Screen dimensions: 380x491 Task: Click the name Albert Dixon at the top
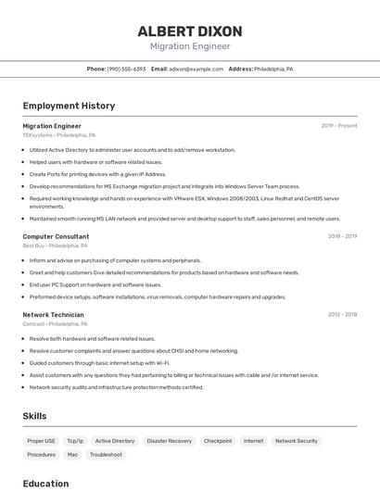tap(190, 31)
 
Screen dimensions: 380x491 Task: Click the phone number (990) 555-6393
tap(126, 69)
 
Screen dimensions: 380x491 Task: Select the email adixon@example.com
tap(197, 69)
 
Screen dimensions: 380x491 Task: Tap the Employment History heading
tap(69, 106)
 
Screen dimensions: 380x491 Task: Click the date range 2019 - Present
tap(339, 126)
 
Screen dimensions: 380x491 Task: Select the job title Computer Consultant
tap(56, 236)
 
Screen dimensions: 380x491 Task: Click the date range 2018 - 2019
tap(342, 236)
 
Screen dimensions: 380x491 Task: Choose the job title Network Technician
tap(53, 314)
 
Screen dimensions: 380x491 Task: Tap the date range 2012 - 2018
tap(342, 314)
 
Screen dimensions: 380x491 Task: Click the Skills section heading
tap(35, 416)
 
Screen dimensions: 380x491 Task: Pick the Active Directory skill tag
tap(115, 441)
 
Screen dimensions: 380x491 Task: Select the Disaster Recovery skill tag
tap(170, 441)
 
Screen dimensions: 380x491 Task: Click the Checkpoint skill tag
tap(218, 441)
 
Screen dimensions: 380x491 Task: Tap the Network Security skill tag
tap(297, 441)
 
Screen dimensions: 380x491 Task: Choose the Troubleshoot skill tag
tap(106, 455)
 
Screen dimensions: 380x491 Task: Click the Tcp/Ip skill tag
tap(75, 441)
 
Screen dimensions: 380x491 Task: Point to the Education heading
tap(46, 483)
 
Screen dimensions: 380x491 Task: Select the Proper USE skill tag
tap(42, 441)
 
